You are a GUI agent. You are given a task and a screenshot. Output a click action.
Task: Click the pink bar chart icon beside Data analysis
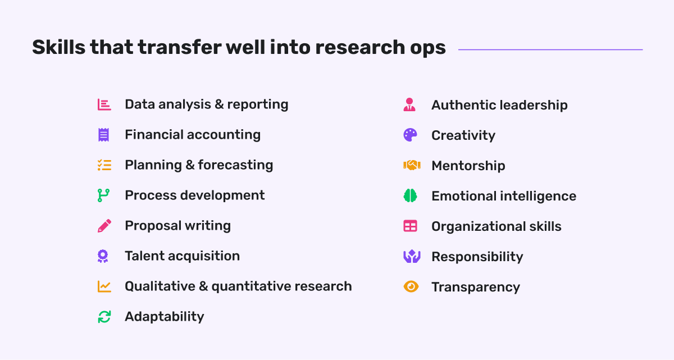pyautogui.click(x=104, y=104)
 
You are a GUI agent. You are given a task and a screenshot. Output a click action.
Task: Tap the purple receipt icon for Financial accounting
pyautogui.click(x=103, y=135)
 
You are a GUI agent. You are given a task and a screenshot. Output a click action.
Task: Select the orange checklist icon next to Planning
pyautogui.click(x=104, y=165)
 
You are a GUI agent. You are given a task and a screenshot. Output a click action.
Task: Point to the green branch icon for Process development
pyautogui.click(x=103, y=195)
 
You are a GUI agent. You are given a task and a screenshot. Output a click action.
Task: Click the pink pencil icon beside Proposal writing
pyautogui.click(x=104, y=226)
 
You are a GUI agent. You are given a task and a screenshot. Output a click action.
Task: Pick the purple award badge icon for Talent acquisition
pyautogui.click(x=103, y=256)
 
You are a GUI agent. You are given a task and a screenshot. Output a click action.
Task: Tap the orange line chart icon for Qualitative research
pyautogui.click(x=104, y=286)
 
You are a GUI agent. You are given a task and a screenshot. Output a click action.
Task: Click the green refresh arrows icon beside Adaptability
pyautogui.click(x=104, y=317)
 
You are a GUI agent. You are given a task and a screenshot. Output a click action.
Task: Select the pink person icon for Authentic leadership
pyautogui.click(x=409, y=104)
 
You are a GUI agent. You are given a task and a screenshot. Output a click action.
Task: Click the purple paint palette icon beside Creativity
pyautogui.click(x=411, y=135)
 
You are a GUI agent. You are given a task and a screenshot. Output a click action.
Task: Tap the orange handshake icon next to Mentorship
pyautogui.click(x=412, y=166)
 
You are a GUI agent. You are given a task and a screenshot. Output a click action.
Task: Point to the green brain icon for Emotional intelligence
pyautogui.click(x=411, y=196)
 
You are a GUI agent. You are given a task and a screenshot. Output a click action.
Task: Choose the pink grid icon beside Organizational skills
pyautogui.click(x=411, y=226)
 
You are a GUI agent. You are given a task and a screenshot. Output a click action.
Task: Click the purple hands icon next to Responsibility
pyautogui.click(x=412, y=257)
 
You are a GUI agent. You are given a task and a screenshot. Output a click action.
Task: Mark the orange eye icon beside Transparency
pyautogui.click(x=411, y=286)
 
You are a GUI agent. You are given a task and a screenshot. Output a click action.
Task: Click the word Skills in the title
pyautogui.click(x=58, y=47)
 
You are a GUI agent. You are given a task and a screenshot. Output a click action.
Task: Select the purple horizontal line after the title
pyautogui.click(x=550, y=49)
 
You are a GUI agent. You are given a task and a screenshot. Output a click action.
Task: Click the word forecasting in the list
pyautogui.click(x=235, y=165)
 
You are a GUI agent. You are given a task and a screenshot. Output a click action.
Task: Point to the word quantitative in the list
pyautogui.click(x=251, y=286)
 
